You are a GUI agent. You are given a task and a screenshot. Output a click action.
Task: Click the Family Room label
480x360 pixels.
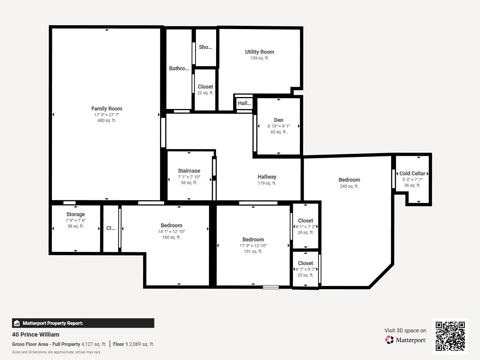(x=107, y=108)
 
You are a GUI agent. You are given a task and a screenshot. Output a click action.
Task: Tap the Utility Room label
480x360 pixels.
(x=260, y=52)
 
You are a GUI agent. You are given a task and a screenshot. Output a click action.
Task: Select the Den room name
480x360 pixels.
(x=279, y=120)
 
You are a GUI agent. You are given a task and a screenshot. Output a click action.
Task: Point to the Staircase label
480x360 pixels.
(x=189, y=171)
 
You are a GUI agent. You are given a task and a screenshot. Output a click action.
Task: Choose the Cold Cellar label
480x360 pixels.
(x=412, y=174)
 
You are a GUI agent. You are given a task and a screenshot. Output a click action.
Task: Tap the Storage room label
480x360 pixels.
(x=75, y=214)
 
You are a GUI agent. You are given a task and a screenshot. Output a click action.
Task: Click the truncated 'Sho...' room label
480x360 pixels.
(x=205, y=47)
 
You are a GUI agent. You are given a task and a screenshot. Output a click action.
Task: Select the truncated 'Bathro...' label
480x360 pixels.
(x=179, y=68)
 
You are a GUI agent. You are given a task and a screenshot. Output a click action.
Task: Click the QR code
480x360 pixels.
(x=450, y=336)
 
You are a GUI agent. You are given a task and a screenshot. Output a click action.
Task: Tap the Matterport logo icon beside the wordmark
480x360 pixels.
(x=389, y=340)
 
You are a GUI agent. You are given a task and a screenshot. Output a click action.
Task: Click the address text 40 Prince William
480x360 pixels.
(x=36, y=334)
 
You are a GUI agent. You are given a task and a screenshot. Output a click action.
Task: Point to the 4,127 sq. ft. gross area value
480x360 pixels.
(x=94, y=344)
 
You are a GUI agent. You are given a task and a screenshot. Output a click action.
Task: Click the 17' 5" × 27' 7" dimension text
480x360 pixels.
(x=107, y=115)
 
